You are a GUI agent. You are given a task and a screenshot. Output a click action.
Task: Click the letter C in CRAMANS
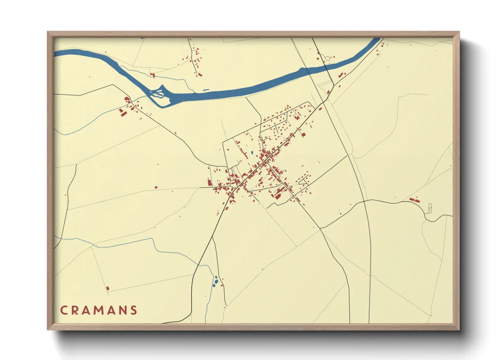click(63, 310)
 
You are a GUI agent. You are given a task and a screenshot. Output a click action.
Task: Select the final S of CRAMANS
click(134, 310)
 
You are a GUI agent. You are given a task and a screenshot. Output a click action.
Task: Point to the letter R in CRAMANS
click(75, 310)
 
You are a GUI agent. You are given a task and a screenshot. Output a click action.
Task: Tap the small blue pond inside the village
click(252, 152)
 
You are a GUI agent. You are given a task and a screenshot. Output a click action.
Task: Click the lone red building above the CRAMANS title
click(108, 288)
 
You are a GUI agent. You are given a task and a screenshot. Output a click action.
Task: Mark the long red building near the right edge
click(414, 200)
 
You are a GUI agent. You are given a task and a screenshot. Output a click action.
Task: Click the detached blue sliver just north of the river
click(206, 90)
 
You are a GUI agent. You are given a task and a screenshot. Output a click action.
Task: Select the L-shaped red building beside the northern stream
click(153, 75)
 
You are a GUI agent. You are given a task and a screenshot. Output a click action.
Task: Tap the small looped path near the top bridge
click(327, 58)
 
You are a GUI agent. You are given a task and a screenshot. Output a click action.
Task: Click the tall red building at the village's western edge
click(210, 182)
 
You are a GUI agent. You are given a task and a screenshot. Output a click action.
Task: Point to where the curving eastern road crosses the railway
click(364, 201)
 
